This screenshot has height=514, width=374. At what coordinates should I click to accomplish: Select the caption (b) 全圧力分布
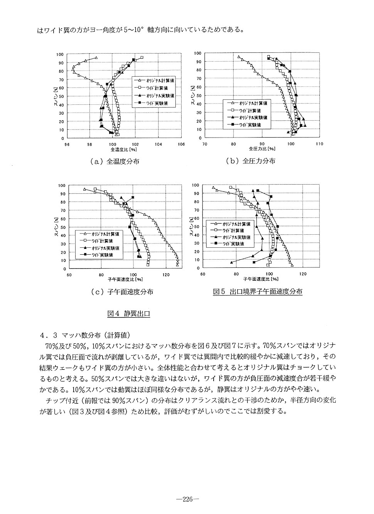point(251,161)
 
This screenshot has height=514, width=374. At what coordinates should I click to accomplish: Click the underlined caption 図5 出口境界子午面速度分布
point(258,292)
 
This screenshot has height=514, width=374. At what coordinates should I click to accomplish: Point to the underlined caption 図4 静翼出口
point(128,314)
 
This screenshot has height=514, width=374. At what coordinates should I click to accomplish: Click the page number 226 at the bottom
point(187,499)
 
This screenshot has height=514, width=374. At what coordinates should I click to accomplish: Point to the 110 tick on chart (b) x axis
point(318,143)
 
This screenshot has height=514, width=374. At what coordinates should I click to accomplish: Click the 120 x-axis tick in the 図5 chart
point(303,274)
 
